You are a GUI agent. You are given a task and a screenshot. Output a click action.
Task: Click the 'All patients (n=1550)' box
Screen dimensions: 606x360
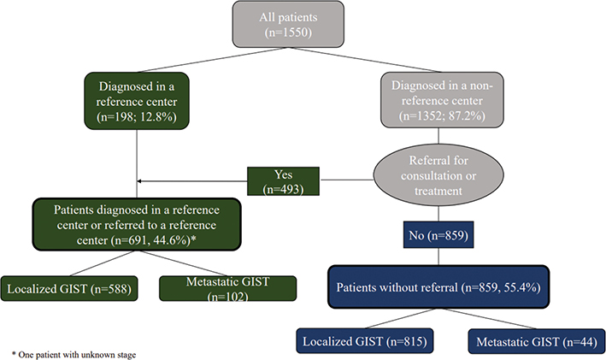[x=288, y=24]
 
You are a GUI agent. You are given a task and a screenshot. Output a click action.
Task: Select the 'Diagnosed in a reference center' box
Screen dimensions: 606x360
[x=137, y=101]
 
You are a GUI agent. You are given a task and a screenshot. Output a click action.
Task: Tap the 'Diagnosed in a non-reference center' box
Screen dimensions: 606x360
[x=442, y=100]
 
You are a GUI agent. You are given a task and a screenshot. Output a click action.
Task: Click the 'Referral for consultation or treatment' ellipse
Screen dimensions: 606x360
[x=438, y=175]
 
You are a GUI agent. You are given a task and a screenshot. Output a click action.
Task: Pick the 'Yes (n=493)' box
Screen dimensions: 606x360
[x=283, y=181]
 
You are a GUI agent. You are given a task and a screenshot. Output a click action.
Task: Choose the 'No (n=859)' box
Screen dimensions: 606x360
[x=438, y=234]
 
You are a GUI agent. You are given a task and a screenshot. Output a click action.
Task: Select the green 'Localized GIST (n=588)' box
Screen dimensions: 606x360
[x=69, y=288]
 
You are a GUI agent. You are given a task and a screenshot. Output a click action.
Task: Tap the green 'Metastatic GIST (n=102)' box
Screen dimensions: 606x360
[x=227, y=288]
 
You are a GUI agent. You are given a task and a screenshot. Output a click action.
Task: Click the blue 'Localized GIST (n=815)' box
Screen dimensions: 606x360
[x=365, y=341]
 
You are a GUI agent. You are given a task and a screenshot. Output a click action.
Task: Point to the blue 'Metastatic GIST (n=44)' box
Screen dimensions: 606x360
[x=537, y=341]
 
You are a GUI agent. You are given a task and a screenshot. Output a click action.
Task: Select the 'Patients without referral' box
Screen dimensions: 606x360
[x=438, y=287]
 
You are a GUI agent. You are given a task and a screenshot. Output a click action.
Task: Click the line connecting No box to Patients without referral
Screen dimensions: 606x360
[x=438, y=257]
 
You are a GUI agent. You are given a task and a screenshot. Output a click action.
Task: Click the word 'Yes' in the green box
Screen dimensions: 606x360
[x=283, y=174]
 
